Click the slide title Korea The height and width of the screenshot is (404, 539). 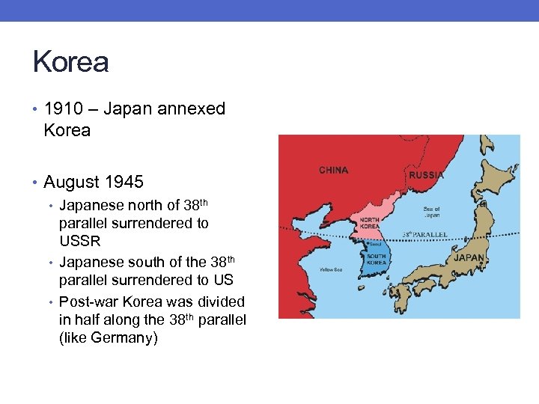(70, 62)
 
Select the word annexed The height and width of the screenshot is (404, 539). (191, 109)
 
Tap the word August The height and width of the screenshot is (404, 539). (72, 182)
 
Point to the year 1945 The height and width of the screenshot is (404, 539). (124, 182)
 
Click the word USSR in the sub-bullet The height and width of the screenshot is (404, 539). (80, 242)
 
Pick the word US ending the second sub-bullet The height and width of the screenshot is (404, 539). (224, 280)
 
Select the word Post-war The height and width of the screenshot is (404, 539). (88, 302)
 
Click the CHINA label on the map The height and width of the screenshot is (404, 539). (333, 170)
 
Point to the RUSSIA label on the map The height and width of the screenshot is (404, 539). (426, 175)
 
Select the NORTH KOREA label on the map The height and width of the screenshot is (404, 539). (369, 223)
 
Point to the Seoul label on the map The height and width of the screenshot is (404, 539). (376, 244)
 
